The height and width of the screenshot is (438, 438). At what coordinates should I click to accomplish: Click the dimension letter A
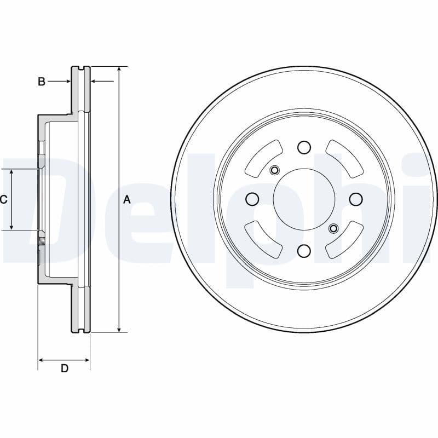tap(127, 200)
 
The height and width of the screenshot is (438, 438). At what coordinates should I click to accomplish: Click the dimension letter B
tap(41, 82)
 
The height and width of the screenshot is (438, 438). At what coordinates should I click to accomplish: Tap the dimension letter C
tap(4, 200)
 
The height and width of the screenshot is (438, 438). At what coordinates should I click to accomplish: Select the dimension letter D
tap(64, 368)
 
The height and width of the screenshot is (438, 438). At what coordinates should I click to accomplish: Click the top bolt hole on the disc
tap(304, 147)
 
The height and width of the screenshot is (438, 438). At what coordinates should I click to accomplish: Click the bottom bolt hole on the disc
tap(304, 251)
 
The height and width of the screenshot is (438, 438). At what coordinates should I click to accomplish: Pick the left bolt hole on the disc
tap(252, 199)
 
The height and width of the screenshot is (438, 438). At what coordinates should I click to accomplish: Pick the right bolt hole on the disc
tap(356, 199)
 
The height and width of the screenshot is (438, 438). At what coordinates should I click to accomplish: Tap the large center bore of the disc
tap(304, 199)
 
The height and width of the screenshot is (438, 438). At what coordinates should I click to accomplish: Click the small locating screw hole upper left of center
tap(275, 170)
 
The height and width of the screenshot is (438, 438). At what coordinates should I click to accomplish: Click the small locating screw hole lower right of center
tap(333, 228)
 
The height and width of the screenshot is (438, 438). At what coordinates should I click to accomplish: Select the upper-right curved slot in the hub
tap(344, 159)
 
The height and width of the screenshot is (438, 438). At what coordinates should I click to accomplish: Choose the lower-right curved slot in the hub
tap(344, 239)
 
